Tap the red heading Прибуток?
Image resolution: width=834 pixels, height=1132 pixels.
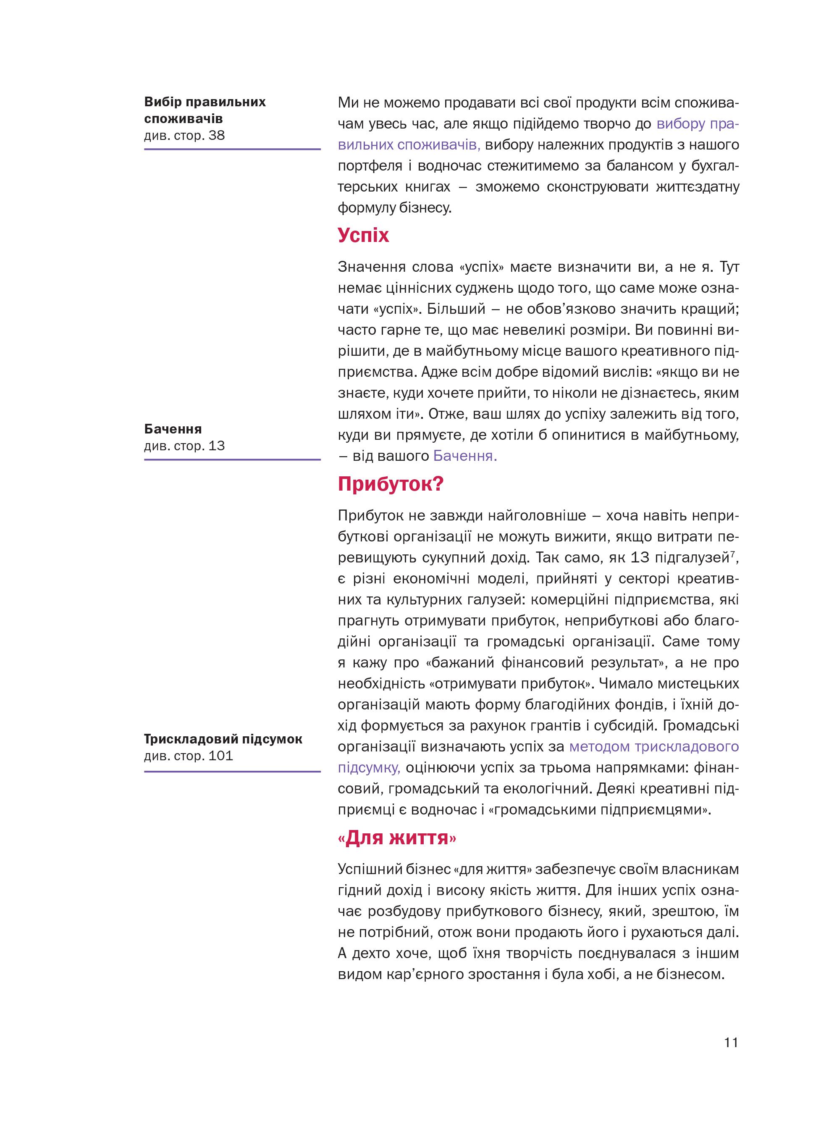[390, 484]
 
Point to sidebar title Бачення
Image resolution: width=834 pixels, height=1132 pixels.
[173, 429]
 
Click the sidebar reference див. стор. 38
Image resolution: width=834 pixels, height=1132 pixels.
[184, 135]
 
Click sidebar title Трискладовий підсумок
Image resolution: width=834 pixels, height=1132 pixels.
[223, 739]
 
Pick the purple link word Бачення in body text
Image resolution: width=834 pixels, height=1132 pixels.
[465, 457]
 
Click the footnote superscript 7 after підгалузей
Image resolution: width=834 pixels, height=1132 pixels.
[732, 554]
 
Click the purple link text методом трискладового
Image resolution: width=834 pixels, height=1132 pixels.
[654, 746]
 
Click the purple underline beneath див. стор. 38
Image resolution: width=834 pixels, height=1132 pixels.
[232, 150]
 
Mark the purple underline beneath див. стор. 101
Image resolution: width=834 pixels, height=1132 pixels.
[232, 771]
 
